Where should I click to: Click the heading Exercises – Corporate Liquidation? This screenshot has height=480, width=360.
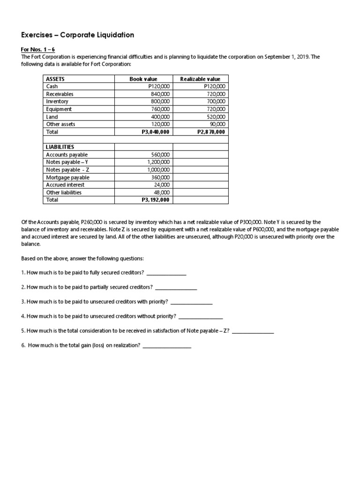click(78, 35)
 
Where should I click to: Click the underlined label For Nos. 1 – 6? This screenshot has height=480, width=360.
click(37, 49)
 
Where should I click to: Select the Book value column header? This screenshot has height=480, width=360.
click(143, 79)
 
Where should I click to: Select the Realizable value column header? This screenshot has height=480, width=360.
click(200, 79)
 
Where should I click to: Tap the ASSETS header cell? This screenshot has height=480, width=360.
click(55, 79)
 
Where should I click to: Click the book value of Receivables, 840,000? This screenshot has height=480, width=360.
click(160, 94)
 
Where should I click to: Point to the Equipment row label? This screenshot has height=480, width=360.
click(59, 109)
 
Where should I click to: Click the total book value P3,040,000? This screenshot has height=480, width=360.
click(155, 132)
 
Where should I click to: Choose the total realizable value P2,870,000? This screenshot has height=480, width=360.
click(210, 132)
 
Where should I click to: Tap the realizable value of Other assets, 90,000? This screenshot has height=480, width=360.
click(217, 124)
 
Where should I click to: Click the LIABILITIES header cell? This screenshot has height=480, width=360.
click(60, 147)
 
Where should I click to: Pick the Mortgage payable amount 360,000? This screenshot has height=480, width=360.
click(160, 178)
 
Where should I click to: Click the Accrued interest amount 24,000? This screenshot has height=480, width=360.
click(162, 185)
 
